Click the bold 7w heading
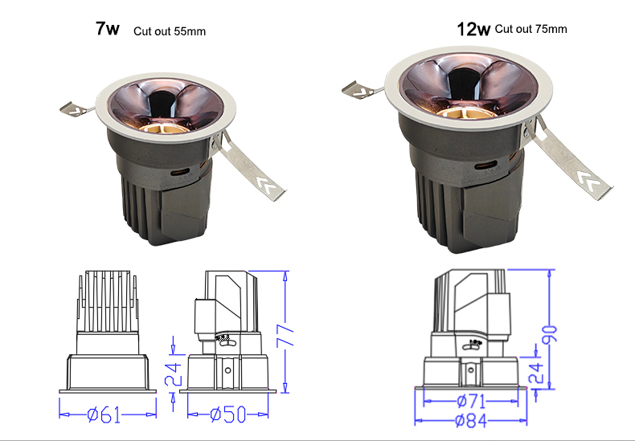click(108, 28)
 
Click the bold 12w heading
click(473, 29)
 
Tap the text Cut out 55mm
click(170, 31)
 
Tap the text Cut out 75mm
click(531, 29)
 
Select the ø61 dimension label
click(104, 414)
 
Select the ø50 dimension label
click(228, 414)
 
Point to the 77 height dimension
click(285, 335)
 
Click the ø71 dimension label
click(471, 402)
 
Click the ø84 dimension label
click(471, 421)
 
